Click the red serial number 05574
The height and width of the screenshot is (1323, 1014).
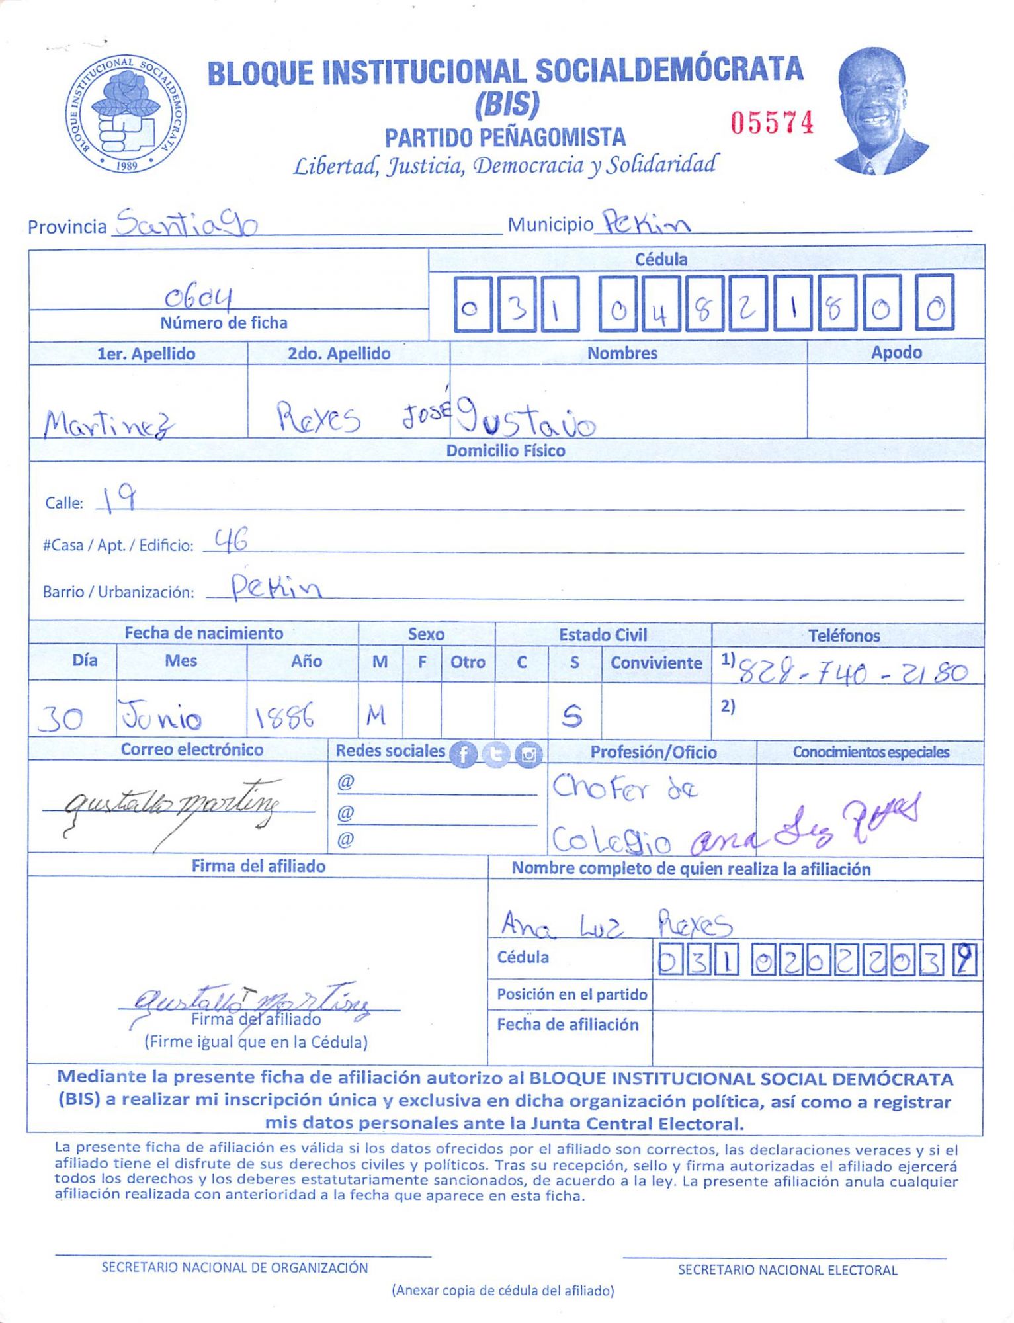[x=771, y=123]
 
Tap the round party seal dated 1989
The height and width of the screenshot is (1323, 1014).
[x=126, y=114]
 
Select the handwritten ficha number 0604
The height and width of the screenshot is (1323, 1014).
[x=198, y=298]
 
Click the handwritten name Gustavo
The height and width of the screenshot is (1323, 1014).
[x=527, y=418]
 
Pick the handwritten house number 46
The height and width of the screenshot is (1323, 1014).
[x=231, y=540]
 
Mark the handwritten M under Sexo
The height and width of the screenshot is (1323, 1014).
[x=376, y=715]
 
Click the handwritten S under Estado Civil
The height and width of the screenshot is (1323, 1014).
[x=572, y=716]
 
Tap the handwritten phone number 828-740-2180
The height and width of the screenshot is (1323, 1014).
[x=853, y=673]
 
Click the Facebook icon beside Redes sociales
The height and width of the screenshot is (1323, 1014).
[x=463, y=754]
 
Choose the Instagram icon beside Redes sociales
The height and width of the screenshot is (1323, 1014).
[x=528, y=754]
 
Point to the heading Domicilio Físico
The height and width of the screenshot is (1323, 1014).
[x=505, y=451]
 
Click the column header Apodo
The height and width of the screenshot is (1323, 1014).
[x=896, y=353]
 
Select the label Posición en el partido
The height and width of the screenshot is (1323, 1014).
[x=571, y=994]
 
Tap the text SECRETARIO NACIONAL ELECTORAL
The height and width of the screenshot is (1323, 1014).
[x=787, y=1270]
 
